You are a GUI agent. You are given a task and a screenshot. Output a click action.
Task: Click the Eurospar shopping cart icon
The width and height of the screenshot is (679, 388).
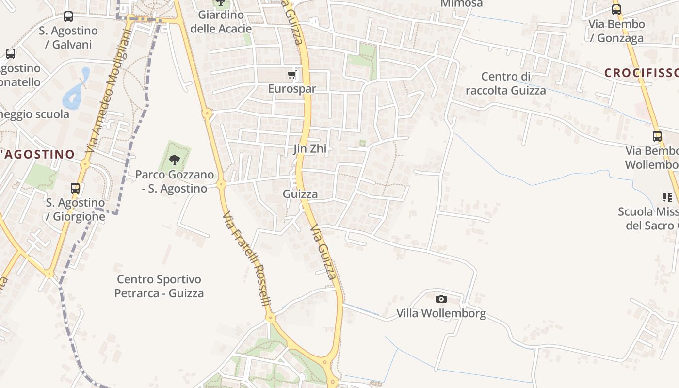click(291, 75)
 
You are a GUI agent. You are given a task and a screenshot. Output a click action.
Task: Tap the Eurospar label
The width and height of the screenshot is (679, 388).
click(292, 89)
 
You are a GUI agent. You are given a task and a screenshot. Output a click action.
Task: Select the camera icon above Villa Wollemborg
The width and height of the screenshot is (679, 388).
click(441, 299)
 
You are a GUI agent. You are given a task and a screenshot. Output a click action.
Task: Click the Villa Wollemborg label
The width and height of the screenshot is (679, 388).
click(441, 313)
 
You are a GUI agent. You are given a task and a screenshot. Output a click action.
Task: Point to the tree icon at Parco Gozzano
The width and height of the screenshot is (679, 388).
click(175, 160)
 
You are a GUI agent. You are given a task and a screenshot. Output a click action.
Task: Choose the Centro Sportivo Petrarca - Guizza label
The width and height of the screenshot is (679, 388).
click(159, 286)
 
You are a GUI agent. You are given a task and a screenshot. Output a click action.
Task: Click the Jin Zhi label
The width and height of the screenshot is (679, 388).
click(310, 149)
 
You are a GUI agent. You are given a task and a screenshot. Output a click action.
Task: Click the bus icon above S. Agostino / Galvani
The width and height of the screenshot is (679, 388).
click(68, 16)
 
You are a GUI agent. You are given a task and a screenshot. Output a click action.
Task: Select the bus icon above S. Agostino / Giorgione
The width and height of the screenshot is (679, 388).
click(75, 188)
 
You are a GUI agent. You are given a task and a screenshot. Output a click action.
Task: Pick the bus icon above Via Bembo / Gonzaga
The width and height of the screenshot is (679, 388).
click(616, 10)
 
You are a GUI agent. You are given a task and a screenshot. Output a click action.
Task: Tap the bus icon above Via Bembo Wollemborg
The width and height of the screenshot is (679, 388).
click(657, 136)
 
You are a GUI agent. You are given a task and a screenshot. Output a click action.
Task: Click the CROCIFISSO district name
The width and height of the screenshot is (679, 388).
click(641, 73)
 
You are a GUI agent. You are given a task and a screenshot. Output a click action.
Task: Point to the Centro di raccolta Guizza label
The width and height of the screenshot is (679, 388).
click(506, 83)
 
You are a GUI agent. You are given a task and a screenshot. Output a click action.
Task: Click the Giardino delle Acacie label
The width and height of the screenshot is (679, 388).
click(221, 22)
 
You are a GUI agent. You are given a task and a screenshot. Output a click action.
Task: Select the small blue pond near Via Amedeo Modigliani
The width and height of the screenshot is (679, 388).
click(74, 92)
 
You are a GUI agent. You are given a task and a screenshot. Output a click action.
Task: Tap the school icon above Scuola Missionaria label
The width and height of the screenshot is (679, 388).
click(667, 197)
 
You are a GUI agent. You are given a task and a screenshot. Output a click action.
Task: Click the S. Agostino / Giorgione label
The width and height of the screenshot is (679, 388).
click(75, 209)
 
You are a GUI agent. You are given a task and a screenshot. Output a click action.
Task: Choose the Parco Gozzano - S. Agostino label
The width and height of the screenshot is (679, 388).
click(175, 181)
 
